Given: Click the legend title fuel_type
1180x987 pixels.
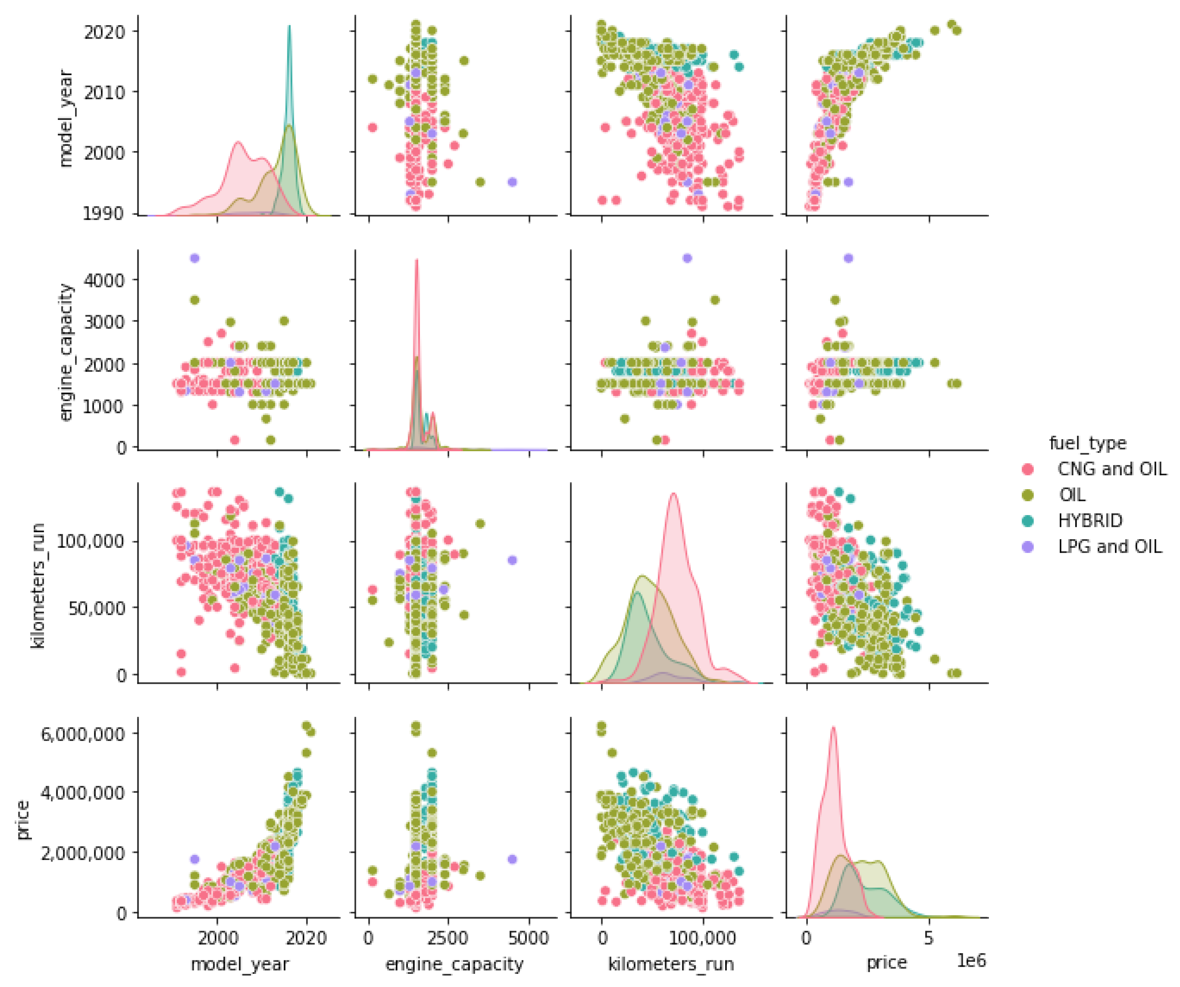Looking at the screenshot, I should [1087, 443].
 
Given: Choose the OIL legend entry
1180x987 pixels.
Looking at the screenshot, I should [1072, 494].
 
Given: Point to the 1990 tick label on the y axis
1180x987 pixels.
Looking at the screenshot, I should [104, 213].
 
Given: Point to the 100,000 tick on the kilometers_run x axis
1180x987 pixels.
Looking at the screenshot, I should [703, 938].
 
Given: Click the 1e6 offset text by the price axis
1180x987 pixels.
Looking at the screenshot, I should [971, 961].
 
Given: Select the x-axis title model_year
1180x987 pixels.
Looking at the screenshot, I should [240, 964].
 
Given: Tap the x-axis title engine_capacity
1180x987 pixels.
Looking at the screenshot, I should [454, 964].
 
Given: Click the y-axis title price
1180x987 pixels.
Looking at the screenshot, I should [23, 821].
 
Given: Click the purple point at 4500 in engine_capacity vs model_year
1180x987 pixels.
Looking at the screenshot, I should [195, 258].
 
